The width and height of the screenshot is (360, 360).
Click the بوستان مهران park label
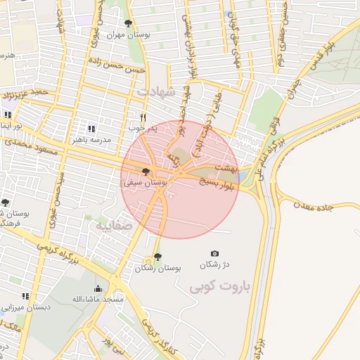click(x=125, y=34)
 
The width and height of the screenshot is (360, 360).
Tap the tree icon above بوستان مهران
click(x=127, y=23)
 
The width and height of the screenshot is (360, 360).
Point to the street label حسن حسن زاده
click(x=116, y=65)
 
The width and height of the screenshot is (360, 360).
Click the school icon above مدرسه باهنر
click(x=91, y=129)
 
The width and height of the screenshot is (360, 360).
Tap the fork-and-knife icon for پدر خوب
click(x=143, y=117)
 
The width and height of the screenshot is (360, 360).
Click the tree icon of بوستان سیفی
click(x=146, y=172)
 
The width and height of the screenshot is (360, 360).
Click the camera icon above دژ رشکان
click(x=214, y=253)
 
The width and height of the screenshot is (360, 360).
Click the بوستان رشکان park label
click(x=158, y=269)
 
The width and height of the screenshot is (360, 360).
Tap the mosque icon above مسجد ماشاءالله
click(x=98, y=288)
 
